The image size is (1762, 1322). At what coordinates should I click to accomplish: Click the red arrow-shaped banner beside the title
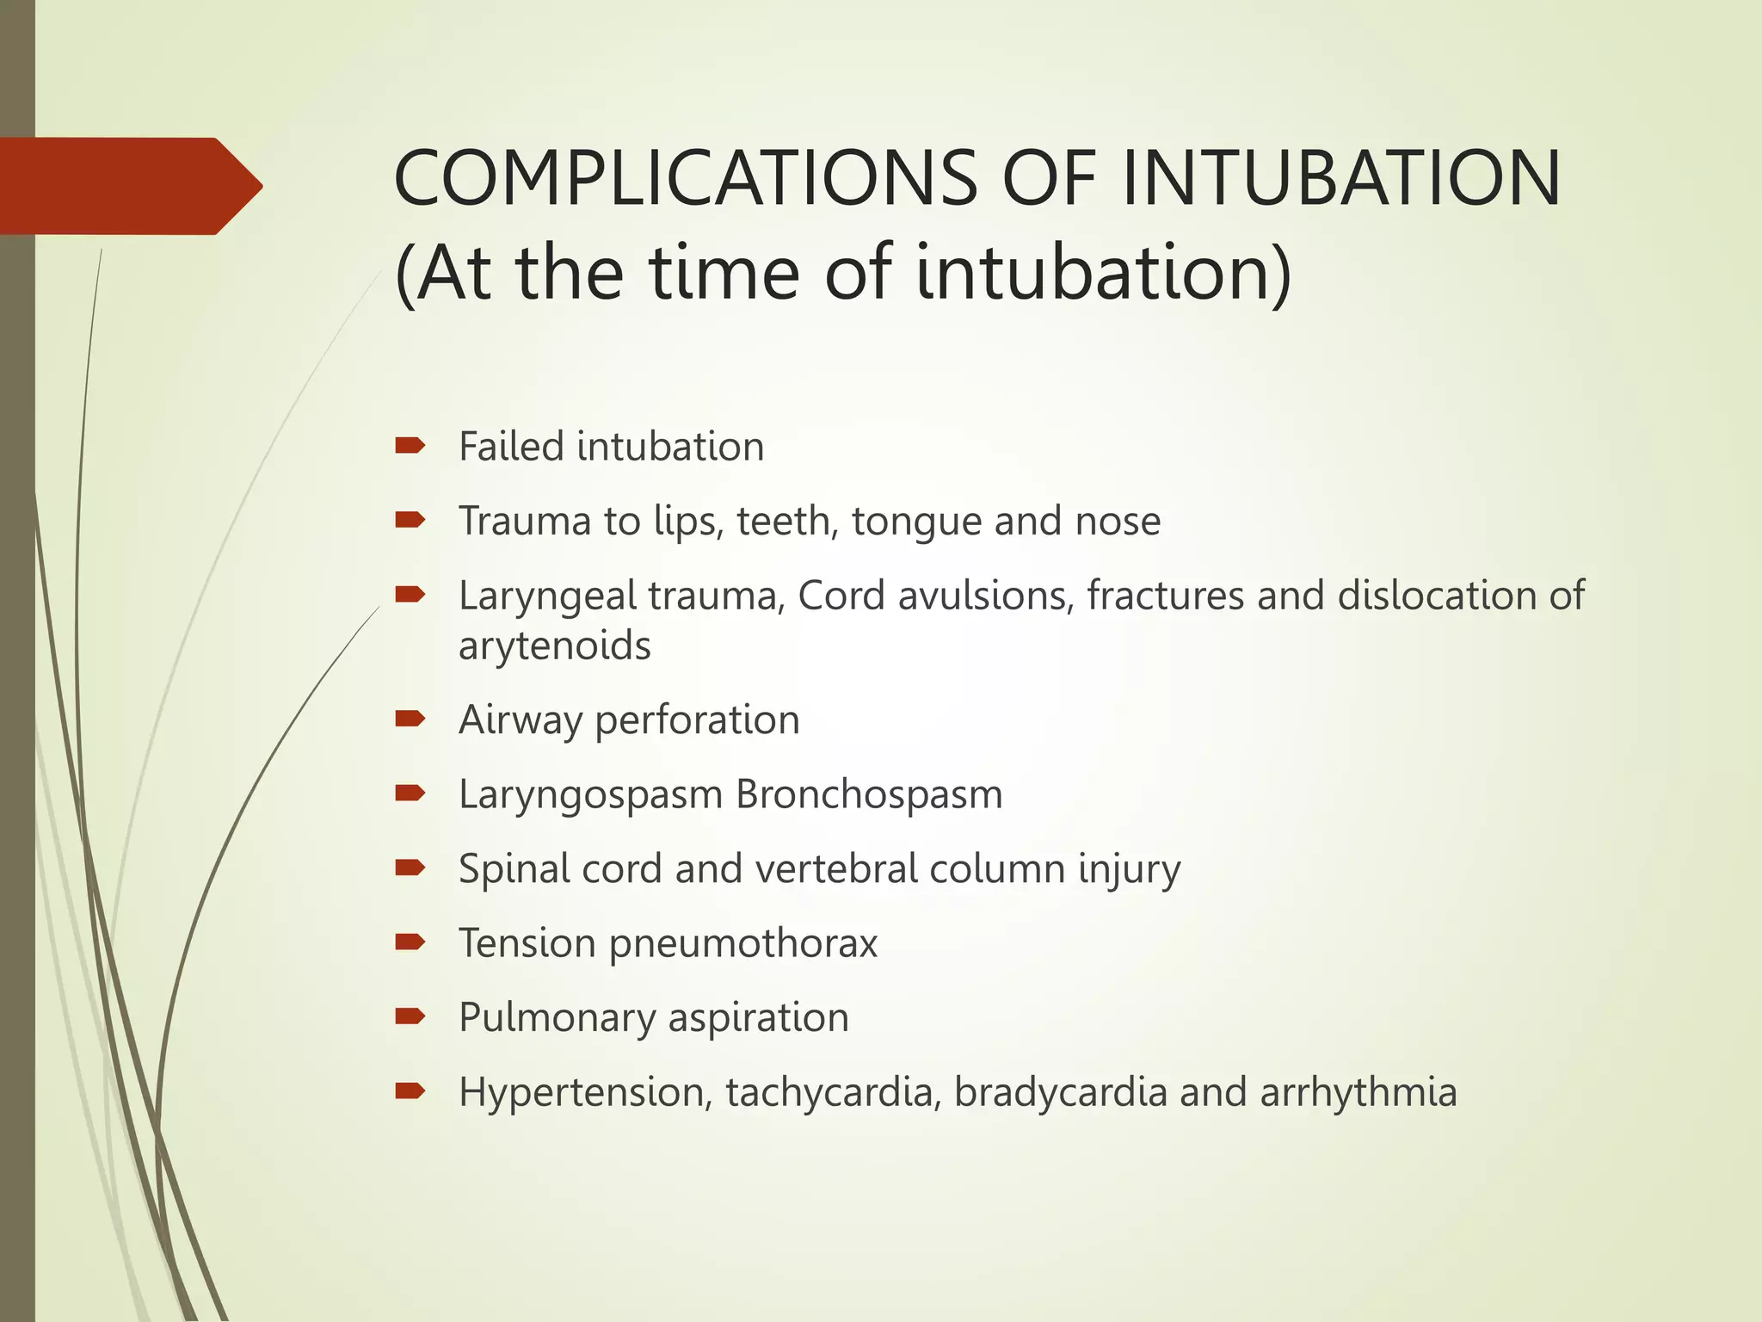[x=129, y=186]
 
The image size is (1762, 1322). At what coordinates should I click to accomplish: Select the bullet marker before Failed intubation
[x=410, y=446]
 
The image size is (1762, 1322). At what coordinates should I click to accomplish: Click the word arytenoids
[x=554, y=646]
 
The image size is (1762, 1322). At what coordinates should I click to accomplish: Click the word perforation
[x=697, y=720]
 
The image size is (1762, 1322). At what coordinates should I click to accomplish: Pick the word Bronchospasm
[x=869, y=794]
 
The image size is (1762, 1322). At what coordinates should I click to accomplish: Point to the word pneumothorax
[x=743, y=943]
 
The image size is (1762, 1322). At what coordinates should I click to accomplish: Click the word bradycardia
[x=1061, y=1093]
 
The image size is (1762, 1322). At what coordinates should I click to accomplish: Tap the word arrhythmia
[x=1358, y=1093]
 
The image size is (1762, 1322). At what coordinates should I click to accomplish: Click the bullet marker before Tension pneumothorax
[x=410, y=942]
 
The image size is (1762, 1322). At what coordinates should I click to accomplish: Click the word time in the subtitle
[x=724, y=273]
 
